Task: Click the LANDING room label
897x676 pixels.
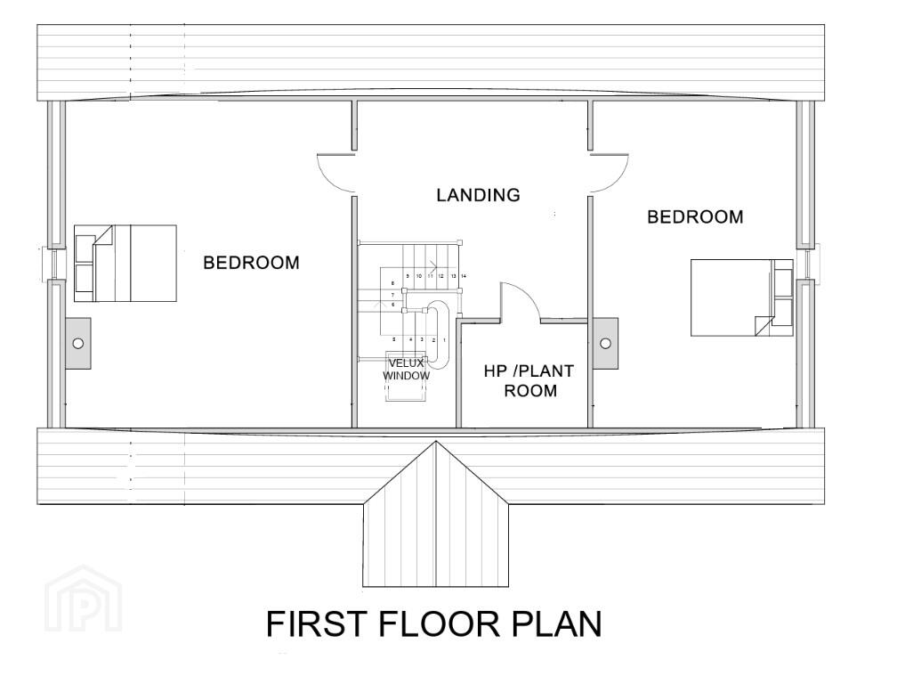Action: coord(478,195)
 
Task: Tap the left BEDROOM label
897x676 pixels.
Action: coord(251,263)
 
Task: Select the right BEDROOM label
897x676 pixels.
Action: coord(695,217)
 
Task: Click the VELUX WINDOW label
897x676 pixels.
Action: coord(406,370)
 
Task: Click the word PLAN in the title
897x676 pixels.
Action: coord(556,623)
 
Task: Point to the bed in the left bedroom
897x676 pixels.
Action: coord(125,264)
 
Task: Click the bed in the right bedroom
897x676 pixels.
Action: coord(742,297)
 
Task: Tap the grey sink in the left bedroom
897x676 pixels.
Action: coord(77,344)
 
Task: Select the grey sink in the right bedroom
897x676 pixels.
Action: coord(605,344)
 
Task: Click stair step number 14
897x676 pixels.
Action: coord(464,276)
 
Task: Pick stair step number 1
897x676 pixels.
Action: coord(445,340)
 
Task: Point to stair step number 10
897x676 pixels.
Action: coord(419,276)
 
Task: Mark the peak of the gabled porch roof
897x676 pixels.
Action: coord(436,442)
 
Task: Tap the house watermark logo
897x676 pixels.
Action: coord(84,599)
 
